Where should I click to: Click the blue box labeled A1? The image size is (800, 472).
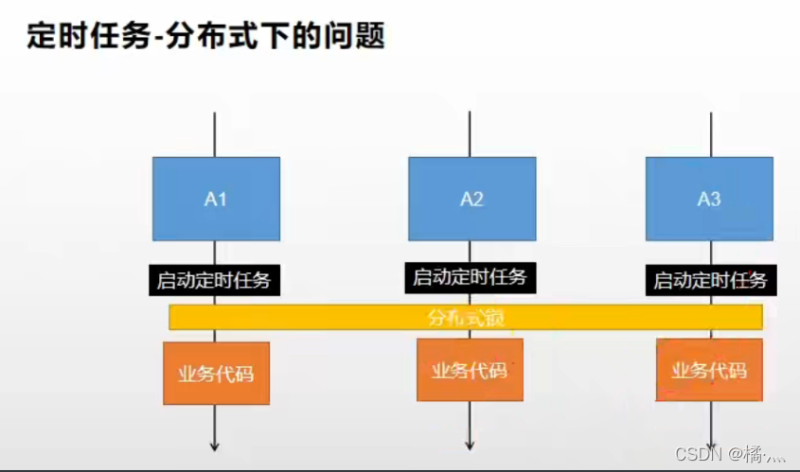[x=216, y=199]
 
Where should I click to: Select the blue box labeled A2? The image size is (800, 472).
[x=471, y=199]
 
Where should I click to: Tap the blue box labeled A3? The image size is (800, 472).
[x=709, y=199]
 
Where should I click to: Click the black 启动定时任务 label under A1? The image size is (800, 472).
[x=216, y=280]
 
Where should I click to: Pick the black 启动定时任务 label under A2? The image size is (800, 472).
[x=469, y=278]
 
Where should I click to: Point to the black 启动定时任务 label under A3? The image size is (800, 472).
[x=710, y=280]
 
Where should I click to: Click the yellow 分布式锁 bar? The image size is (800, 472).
[x=465, y=317]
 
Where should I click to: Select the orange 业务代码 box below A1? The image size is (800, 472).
[x=216, y=373]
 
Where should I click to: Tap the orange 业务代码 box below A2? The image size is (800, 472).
[x=470, y=369]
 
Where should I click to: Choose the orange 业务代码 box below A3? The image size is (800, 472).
[x=709, y=369]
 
